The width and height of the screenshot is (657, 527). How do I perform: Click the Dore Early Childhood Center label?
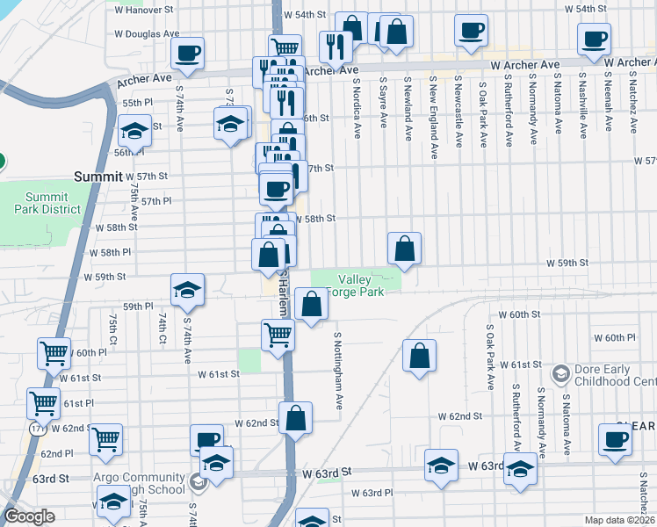click(x=616, y=376)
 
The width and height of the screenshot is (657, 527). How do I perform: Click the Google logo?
click(x=28, y=517)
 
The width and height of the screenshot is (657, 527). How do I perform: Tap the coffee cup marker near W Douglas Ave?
click(x=188, y=52)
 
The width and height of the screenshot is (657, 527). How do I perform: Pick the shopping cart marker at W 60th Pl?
click(x=54, y=353)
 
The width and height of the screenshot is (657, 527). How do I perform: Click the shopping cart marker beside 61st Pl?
click(x=43, y=403)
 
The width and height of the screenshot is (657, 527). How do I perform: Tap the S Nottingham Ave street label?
click(x=337, y=370)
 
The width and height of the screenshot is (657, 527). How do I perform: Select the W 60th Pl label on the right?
click(x=614, y=338)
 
